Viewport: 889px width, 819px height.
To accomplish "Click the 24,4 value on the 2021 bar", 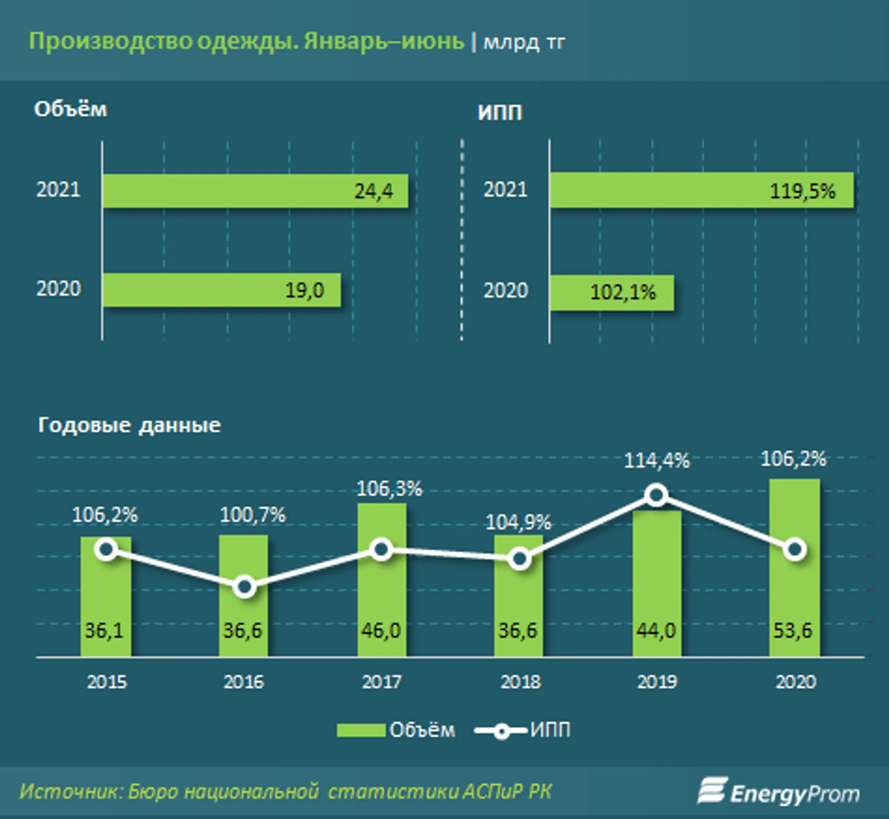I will (x=374, y=192).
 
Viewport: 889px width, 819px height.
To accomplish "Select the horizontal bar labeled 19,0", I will (x=222, y=290).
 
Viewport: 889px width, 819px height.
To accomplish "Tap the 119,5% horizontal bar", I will (x=701, y=190).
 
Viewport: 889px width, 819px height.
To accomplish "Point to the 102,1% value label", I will (x=623, y=292).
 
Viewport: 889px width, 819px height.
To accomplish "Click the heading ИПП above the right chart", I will (x=500, y=113).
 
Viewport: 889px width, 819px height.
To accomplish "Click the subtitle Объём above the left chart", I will (x=70, y=109).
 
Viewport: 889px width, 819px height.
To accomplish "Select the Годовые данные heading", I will (x=129, y=426).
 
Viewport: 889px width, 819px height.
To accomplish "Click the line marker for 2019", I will (x=656, y=495).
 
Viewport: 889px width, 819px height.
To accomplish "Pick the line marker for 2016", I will (x=244, y=587).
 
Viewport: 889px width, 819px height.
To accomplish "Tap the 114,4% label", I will (x=657, y=461).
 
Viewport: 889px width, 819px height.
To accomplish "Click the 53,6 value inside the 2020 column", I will (x=793, y=630).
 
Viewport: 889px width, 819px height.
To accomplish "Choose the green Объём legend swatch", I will (x=361, y=731).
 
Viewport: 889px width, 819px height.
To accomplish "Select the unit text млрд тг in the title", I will (x=524, y=42).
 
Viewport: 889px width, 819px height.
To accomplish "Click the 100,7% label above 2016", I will (x=253, y=515).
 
